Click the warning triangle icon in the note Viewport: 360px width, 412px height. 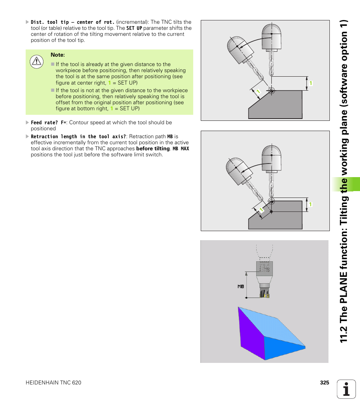[x=37, y=62]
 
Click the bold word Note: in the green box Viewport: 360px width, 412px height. [x=58, y=55]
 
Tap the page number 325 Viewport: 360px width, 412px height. [x=325, y=383]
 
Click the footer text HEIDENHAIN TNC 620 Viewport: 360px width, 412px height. [x=53, y=383]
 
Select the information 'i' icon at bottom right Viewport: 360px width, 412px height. [x=346, y=389]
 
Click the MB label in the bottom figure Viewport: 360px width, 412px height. [x=241, y=287]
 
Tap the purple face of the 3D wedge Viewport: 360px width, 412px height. [x=250, y=332]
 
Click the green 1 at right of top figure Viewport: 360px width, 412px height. [x=311, y=83]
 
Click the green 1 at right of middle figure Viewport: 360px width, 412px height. [x=311, y=204]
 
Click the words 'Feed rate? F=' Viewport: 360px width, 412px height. [x=48, y=123]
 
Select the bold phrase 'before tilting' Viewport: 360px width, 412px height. [x=153, y=148]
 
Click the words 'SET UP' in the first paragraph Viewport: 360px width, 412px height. [x=134, y=28]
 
